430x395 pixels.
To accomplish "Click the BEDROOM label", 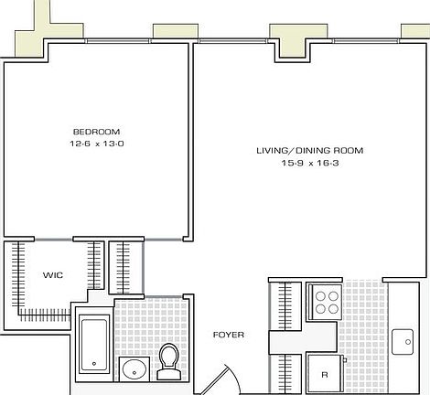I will click(95, 131).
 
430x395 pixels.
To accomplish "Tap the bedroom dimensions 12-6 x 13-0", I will click(95, 143).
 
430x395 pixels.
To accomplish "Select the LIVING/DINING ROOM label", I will click(296, 150).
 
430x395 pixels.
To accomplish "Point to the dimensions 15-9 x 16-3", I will click(296, 163).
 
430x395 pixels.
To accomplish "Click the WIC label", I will click(52, 274).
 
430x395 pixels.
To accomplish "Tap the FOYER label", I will click(228, 335).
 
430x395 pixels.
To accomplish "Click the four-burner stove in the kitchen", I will click(325, 301).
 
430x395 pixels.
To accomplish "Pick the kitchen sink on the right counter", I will click(404, 343).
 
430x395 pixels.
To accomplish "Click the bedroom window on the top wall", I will click(119, 40).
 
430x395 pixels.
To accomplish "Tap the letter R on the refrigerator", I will click(324, 374).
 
